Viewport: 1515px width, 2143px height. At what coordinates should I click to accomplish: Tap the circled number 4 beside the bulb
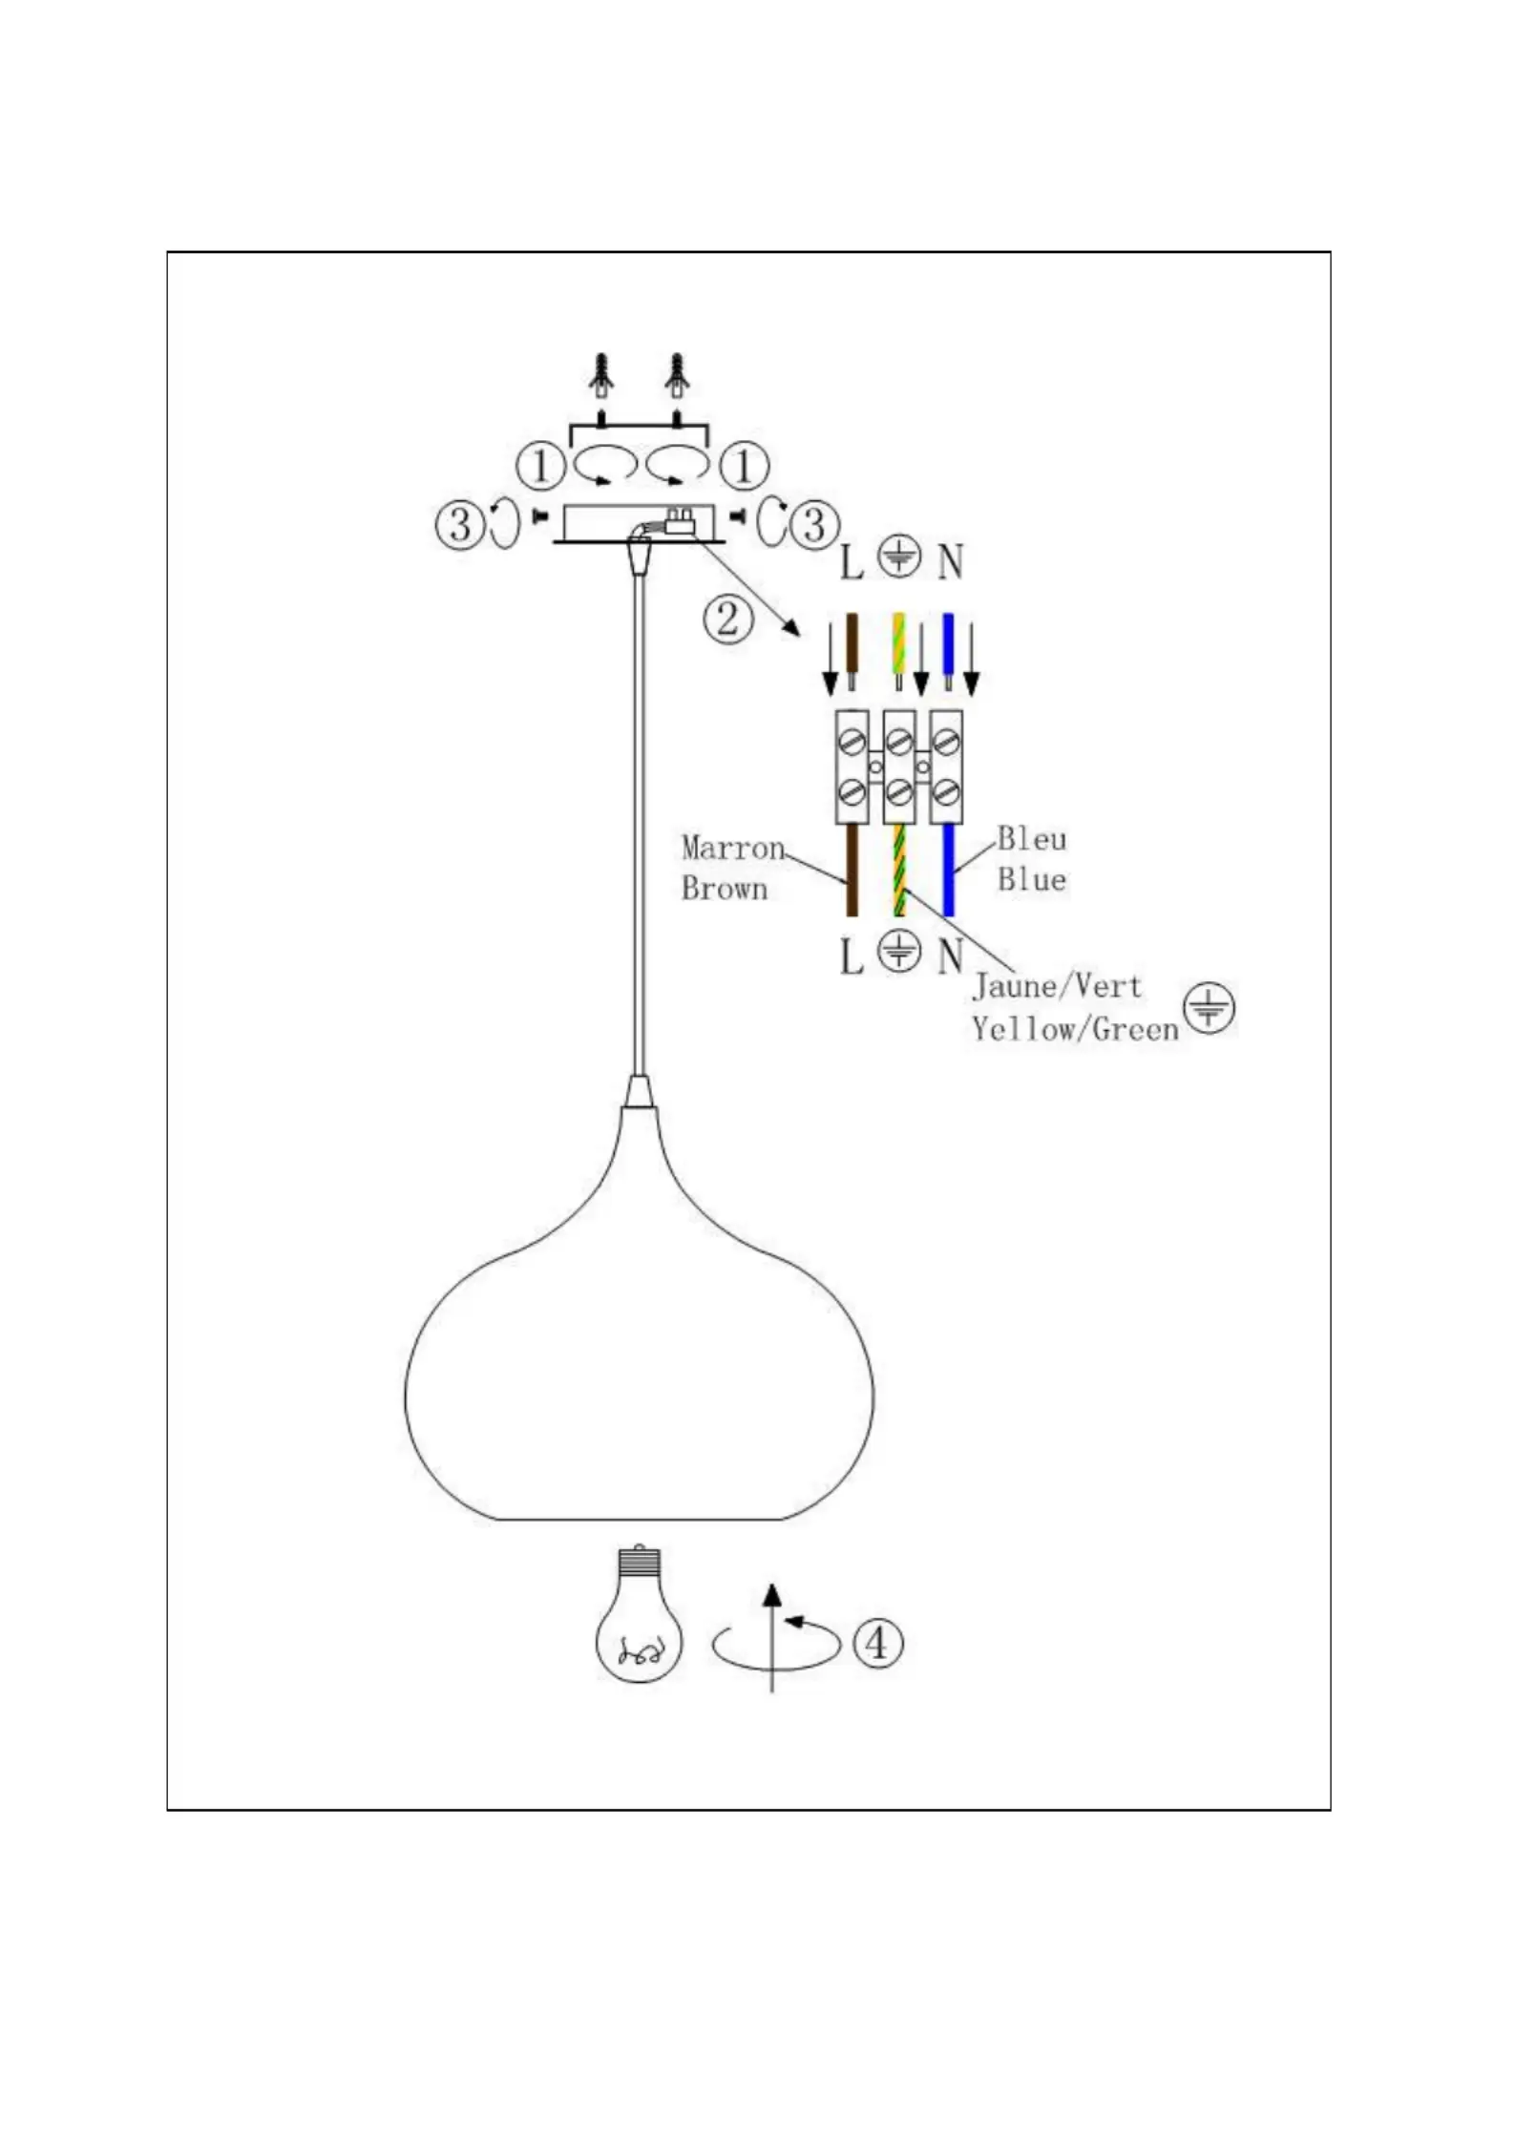click(x=876, y=1643)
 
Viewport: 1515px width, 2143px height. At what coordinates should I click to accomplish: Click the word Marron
click(x=733, y=848)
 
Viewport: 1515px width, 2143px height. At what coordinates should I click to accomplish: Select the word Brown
click(x=725, y=889)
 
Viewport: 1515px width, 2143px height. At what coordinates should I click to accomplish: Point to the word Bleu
click(x=1032, y=839)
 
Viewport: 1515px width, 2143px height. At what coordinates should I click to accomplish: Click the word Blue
click(x=1032, y=879)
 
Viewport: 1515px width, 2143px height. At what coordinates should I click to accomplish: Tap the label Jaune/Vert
click(x=1057, y=985)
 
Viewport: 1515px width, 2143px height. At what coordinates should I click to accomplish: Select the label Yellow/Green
click(x=1076, y=1029)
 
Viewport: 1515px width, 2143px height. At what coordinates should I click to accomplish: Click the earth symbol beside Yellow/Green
click(x=1210, y=1008)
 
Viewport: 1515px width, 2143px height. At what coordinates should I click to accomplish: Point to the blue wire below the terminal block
click(x=948, y=870)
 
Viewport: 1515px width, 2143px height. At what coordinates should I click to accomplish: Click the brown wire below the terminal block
click(x=852, y=870)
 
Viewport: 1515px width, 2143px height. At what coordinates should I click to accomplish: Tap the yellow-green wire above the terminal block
click(x=898, y=644)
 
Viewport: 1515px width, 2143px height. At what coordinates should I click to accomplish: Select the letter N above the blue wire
click(x=950, y=561)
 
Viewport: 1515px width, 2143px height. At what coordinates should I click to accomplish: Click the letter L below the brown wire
click(x=852, y=956)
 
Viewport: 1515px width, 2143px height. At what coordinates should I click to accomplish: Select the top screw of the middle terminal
click(x=898, y=741)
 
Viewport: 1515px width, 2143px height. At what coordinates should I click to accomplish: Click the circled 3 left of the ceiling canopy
click(x=460, y=524)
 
